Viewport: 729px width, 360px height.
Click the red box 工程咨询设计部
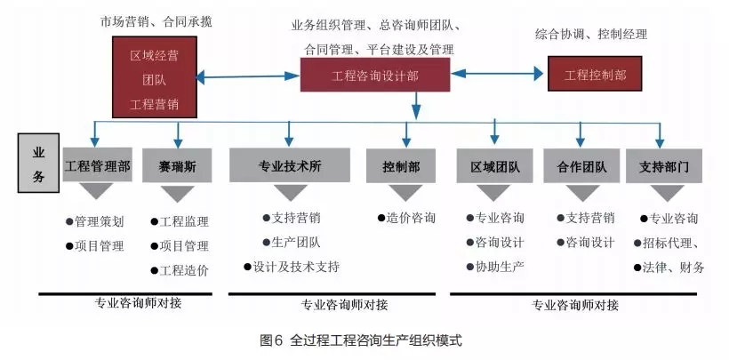374,76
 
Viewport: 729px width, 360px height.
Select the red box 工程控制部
595,75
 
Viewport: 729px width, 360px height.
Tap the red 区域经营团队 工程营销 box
154,79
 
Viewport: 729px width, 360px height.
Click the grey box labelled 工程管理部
98,165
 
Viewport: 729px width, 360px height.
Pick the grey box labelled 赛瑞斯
178,165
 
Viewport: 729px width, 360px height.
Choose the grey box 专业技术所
289,165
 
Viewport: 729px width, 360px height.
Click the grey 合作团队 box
582,165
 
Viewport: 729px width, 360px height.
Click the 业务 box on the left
39,164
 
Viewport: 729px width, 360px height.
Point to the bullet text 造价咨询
406,218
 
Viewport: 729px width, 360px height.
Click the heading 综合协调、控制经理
591,35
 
